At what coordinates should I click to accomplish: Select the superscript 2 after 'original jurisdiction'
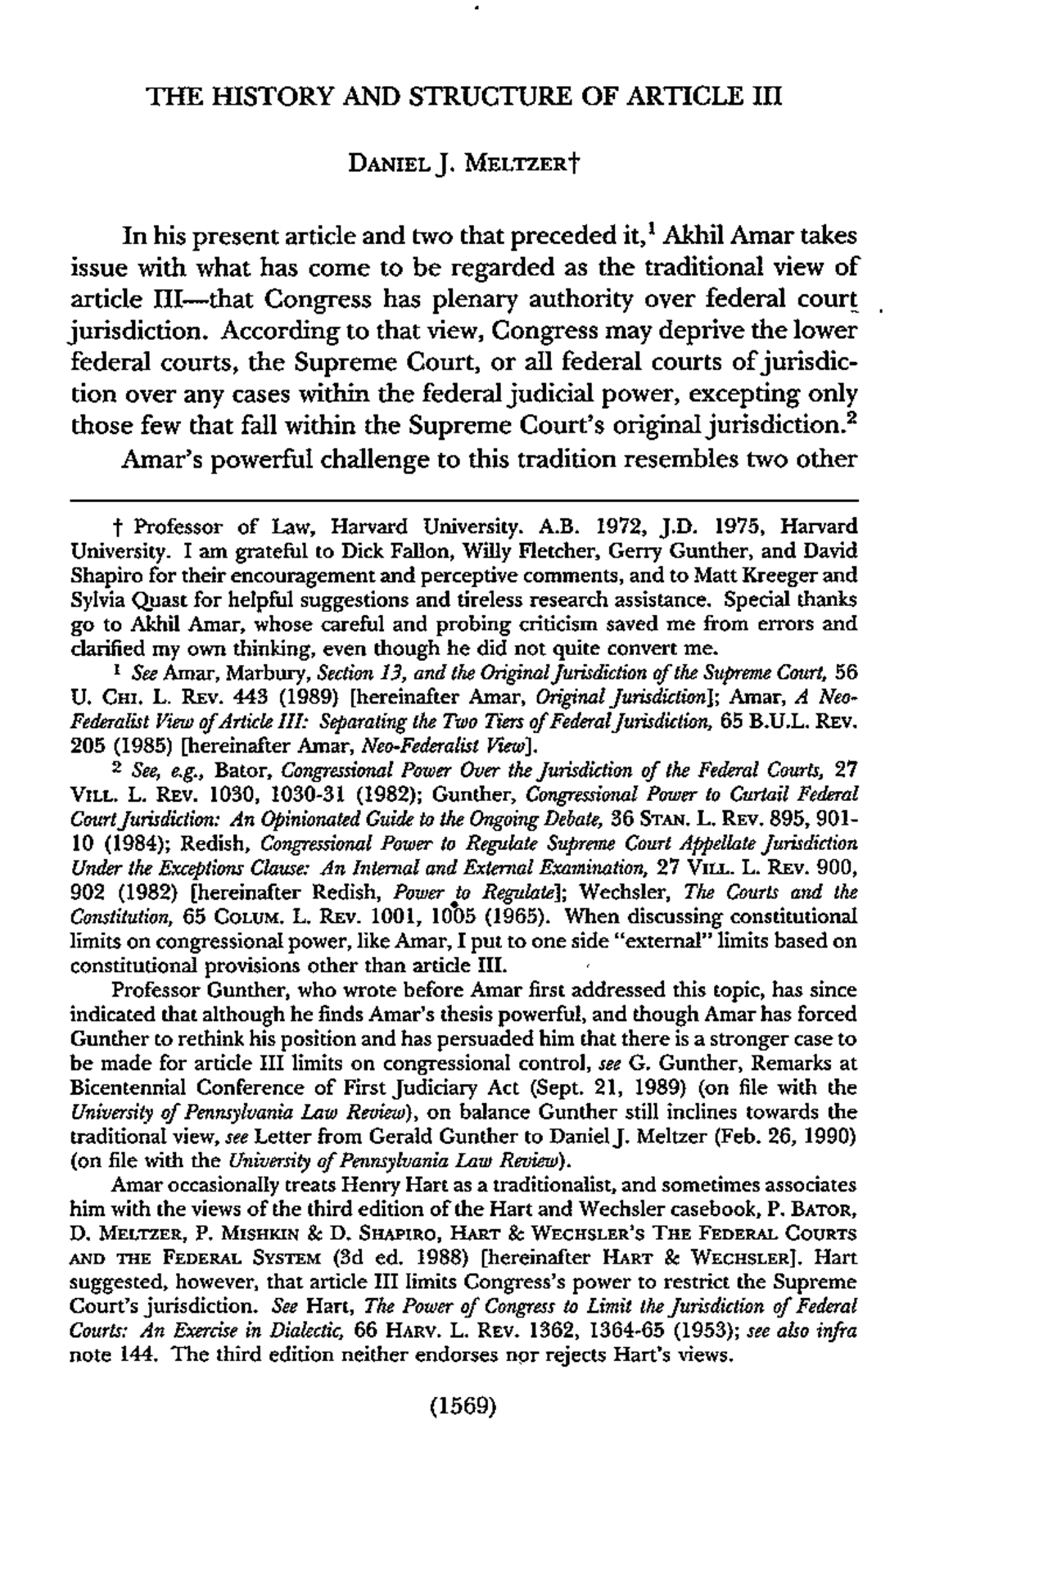(852, 418)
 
